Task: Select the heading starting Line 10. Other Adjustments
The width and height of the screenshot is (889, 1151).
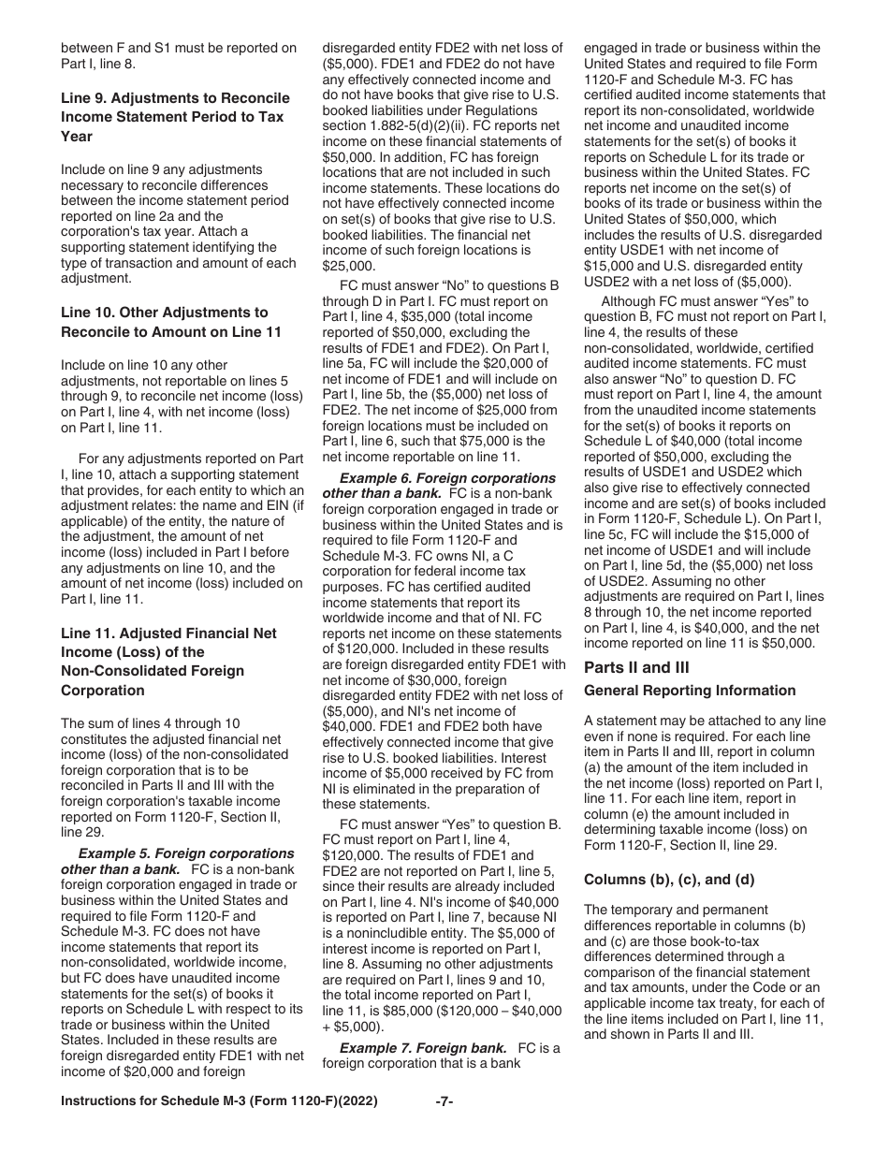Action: (164, 313)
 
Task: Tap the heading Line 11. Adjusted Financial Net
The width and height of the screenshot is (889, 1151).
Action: (168, 634)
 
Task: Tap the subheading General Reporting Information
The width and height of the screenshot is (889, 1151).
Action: (689, 691)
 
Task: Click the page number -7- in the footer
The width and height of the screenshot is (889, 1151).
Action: (444, 1102)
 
